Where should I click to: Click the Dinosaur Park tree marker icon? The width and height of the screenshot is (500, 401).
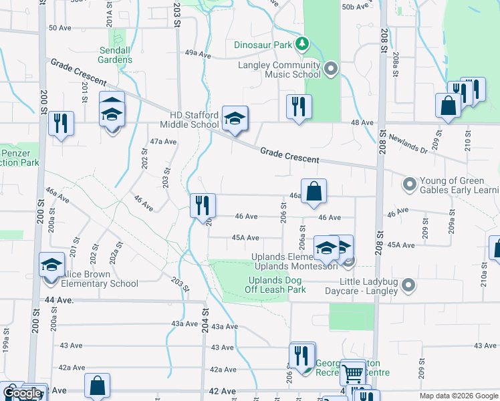(303, 45)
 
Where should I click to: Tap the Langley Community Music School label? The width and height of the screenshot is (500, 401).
(279, 70)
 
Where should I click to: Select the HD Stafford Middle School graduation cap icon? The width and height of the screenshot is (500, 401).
(235, 119)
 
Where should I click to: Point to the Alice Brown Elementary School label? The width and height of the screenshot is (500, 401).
(98, 279)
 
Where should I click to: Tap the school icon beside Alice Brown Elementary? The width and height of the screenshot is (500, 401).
(52, 265)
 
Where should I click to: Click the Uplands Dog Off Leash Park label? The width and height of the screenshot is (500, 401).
(277, 285)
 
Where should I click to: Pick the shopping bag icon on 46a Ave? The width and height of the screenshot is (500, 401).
(314, 192)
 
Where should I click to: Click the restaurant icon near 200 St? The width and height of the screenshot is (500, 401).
(61, 123)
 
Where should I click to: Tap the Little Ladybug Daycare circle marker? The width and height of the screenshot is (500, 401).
(410, 286)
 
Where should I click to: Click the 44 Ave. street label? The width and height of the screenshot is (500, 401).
(57, 301)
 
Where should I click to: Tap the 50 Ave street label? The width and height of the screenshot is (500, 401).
(59, 27)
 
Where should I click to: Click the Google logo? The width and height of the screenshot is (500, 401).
(22, 393)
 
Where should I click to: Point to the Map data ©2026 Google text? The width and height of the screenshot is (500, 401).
(458, 396)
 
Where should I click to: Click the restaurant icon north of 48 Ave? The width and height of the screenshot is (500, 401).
(299, 106)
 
